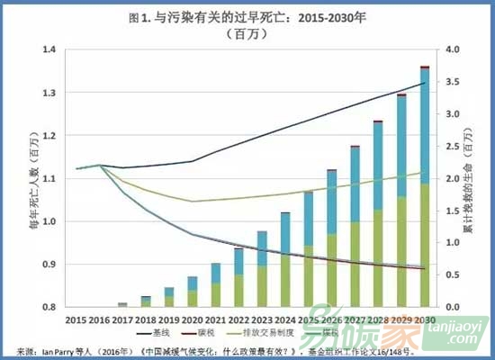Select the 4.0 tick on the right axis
click(447, 50)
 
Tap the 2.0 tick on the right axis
click(447, 179)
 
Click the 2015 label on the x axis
click(76, 320)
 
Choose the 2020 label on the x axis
click(192, 320)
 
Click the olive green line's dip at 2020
click(192, 201)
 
